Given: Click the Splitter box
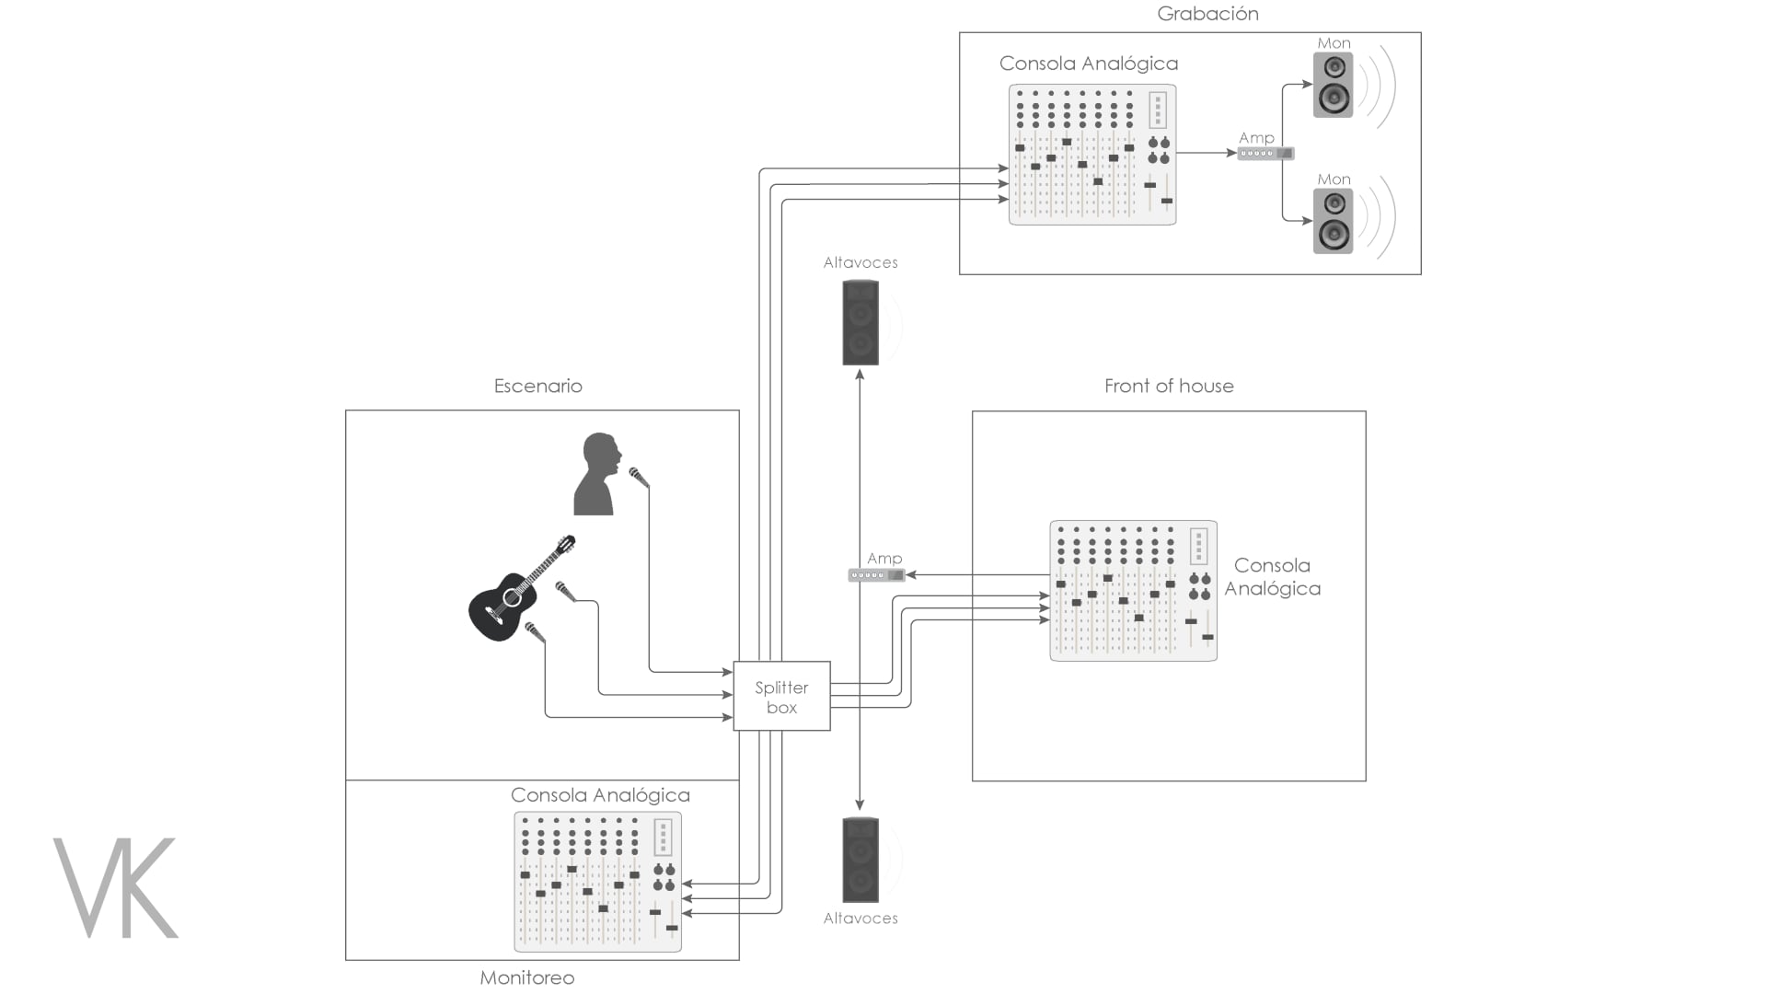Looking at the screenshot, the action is (781, 696).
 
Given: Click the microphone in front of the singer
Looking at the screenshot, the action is (639, 478).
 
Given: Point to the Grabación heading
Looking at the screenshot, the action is (1207, 14).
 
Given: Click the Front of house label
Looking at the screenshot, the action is (1169, 387).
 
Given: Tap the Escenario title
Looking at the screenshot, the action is (538, 387).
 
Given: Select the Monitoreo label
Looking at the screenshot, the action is (527, 977).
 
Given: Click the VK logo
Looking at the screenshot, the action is (116, 887).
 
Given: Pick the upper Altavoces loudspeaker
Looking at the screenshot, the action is (860, 323).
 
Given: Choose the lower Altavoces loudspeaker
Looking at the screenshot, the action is (860, 860).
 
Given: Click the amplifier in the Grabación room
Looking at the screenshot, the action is (1265, 154).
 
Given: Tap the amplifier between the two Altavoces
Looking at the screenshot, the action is (876, 575).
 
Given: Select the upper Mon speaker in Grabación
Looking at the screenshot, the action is (1333, 85).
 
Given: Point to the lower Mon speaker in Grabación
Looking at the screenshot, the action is (1333, 221).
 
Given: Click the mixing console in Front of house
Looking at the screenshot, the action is (1134, 591).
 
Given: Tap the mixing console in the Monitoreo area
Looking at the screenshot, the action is (598, 882).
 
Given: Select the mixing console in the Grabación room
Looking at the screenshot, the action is (1092, 155).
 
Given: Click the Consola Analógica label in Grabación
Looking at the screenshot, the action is (1089, 64).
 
